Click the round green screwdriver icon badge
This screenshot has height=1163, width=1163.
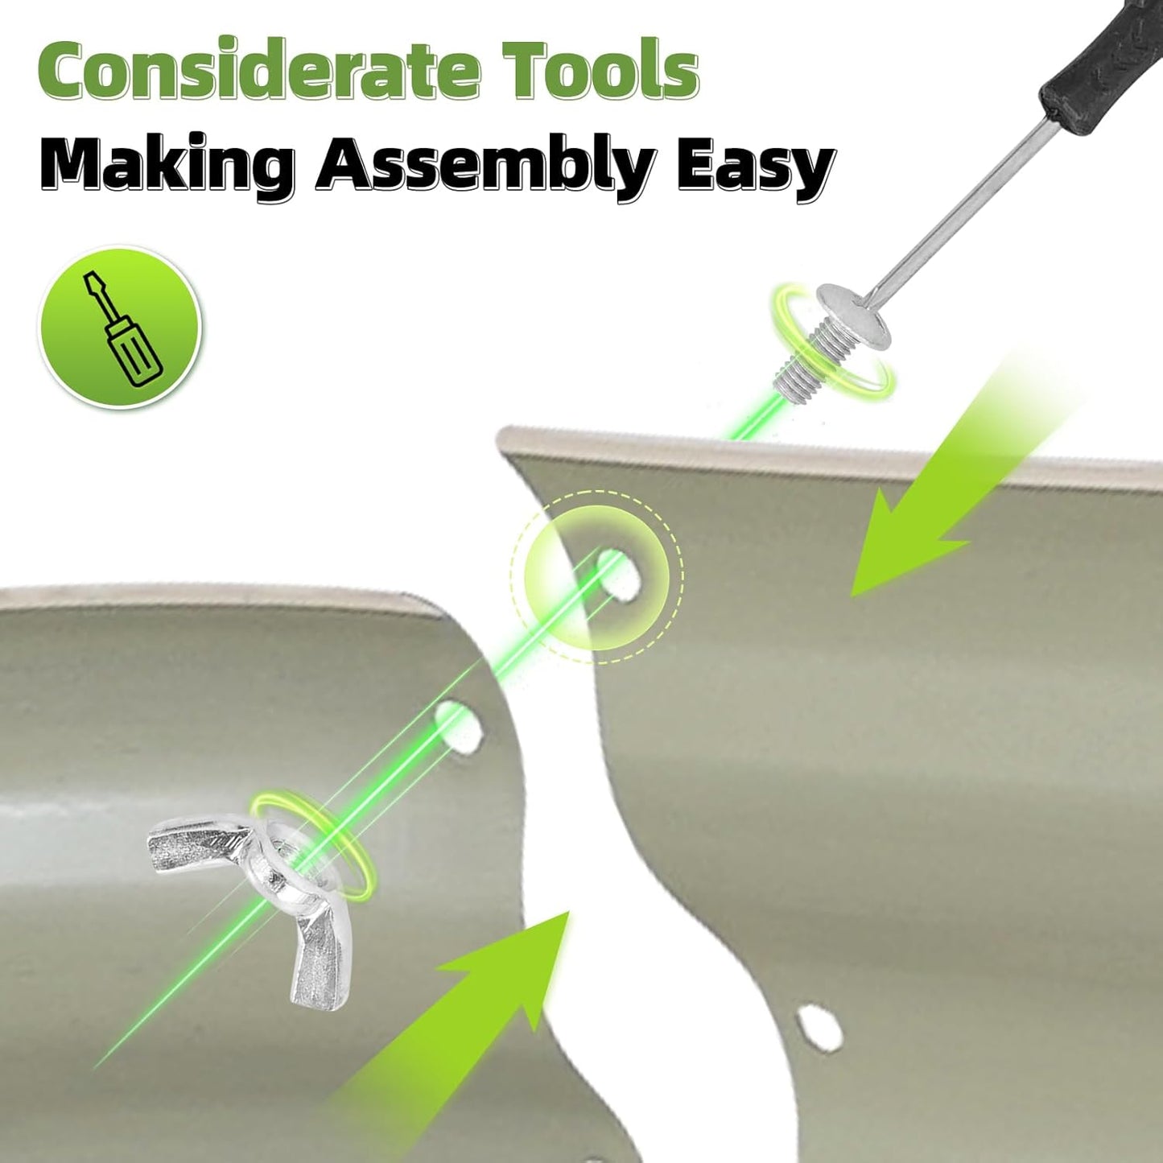122,326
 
